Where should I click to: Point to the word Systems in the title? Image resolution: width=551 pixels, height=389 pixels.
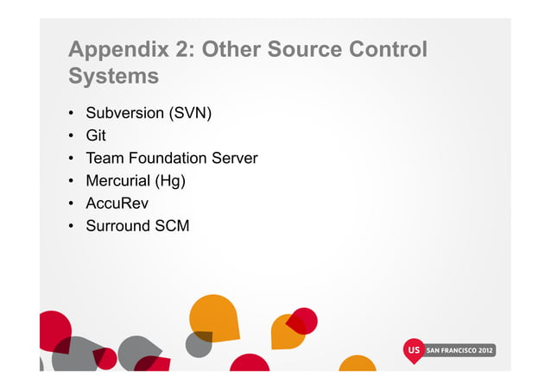[114, 77]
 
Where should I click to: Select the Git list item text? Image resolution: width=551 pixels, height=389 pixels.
[95, 136]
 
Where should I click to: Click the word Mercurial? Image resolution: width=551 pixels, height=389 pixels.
[117, 181]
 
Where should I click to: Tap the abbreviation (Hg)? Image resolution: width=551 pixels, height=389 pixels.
[170, 181]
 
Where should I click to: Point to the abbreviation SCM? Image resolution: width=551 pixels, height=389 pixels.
[172, 226]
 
